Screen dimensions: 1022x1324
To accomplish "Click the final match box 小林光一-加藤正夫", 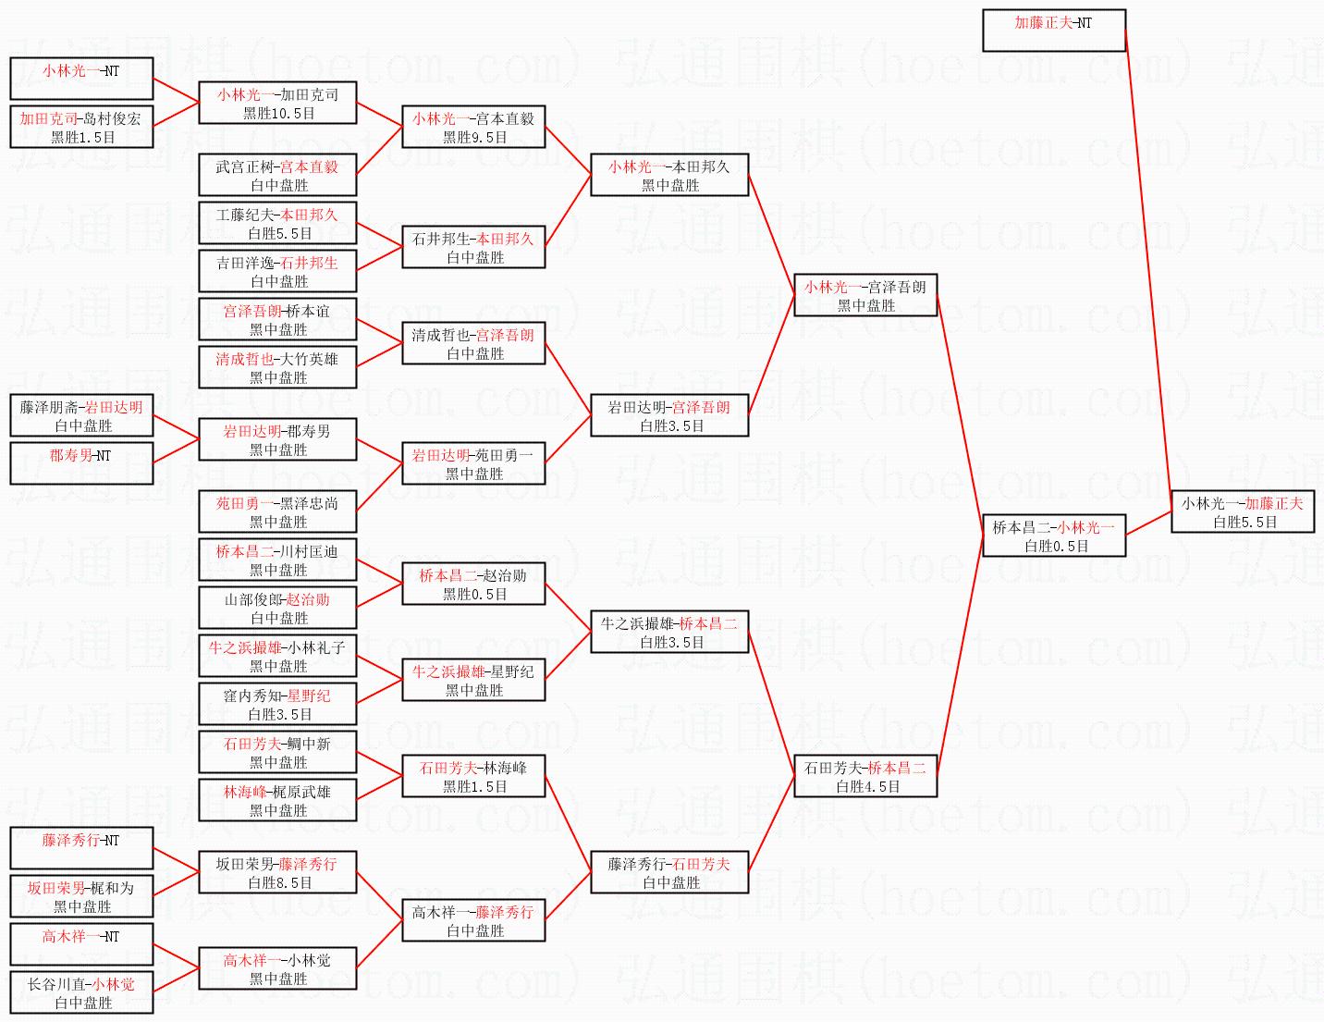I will [x=1243, y=511].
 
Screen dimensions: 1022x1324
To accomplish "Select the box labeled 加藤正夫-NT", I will [x=1053, y=31].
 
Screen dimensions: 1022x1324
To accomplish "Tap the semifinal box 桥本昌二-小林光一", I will [x=1053, y=536].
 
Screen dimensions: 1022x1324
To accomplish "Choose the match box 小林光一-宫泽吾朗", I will [x=865, y=295].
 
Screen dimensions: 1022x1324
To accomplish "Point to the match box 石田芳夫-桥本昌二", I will [x=865, y=776].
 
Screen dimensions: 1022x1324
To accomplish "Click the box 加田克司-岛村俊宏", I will [x=81, y=127].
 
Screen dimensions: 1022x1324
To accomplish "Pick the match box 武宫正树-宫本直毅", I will [x=277, y=175].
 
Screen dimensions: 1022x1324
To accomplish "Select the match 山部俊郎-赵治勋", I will [x=277, y=608].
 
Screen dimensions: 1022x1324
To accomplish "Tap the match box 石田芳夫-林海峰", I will [x=473, y=776].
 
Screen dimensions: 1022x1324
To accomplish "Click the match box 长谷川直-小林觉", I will [x=81, y=992].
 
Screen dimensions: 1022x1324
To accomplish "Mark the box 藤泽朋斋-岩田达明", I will [x=81, y=415].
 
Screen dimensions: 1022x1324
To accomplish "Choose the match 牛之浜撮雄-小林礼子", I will [x=277, y=656].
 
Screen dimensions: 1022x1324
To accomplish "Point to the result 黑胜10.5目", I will [x=278, y=113].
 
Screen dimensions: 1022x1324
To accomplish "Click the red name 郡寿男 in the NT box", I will [x=70, y=455].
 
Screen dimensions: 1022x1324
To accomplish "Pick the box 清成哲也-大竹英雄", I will [x=277, y=367].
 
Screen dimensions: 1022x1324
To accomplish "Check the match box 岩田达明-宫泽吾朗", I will [x=669, y=415].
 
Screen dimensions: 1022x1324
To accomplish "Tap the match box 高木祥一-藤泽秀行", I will [x=473, y=920].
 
